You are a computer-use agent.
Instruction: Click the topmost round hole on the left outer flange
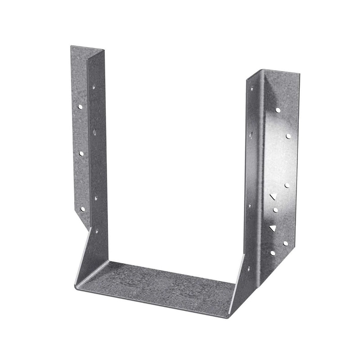pos(80,107)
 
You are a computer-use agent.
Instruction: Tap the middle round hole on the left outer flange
pos(81,153)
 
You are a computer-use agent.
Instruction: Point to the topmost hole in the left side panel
pos(94,86)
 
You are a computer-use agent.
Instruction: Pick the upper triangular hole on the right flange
pos(272,197)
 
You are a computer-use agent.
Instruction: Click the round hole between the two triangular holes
pos(275,210)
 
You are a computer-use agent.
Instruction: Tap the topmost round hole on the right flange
pos(278,109)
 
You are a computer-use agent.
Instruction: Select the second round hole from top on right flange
pos(288,135)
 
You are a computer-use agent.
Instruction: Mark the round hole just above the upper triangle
pos(287,185)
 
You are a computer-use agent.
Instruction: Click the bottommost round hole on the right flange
pos(272,253)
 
